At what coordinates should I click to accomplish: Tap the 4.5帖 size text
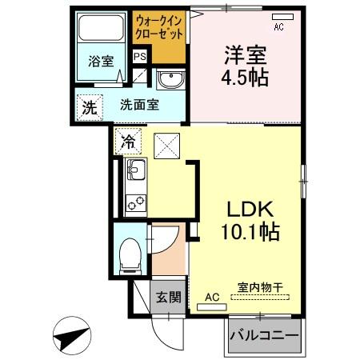[x=245, y=78]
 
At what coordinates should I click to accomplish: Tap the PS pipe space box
[x=140, y=56]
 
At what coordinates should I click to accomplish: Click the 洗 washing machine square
[x=89, y=107]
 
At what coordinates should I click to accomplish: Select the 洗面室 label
[x=138, y=103]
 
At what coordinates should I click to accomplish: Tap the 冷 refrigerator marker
[x=128, y=142]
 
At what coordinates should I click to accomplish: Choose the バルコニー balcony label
[x=265, y=335]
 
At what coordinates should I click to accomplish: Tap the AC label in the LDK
[x=212, y=298]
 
